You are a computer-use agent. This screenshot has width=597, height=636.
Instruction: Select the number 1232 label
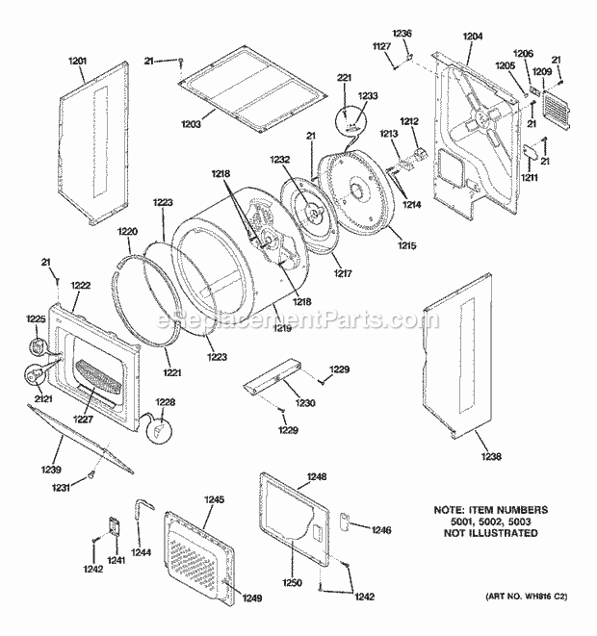tap(280, 160)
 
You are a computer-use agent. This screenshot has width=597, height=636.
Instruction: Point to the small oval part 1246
tap(340, 523)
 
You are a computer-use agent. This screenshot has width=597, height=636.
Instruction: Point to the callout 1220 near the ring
tap(128, 232)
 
